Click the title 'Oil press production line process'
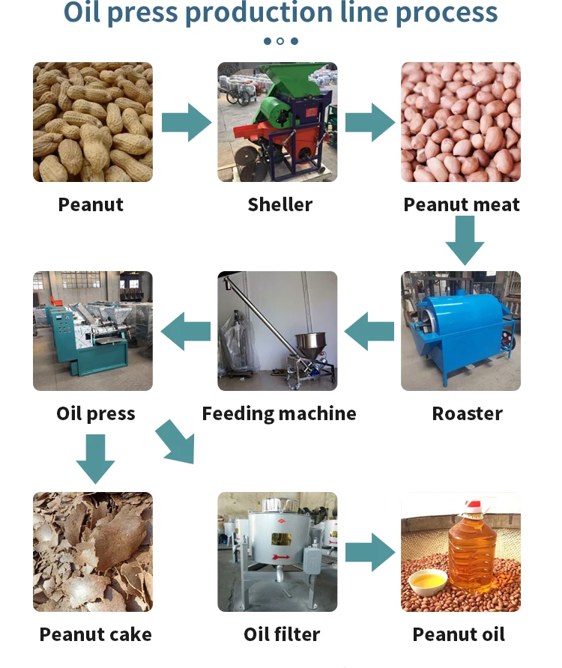[281, 13]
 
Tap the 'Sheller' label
[280, 204]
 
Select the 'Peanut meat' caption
[461, 204]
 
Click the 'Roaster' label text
[467, 413]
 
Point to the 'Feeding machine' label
[279, 413]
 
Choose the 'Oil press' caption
[95, 413]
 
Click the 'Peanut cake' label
[95, 634]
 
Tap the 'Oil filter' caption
[281, 634]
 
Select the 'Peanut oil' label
[459, 634]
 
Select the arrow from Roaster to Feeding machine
[369, 331]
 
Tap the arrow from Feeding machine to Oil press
[186, 331]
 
